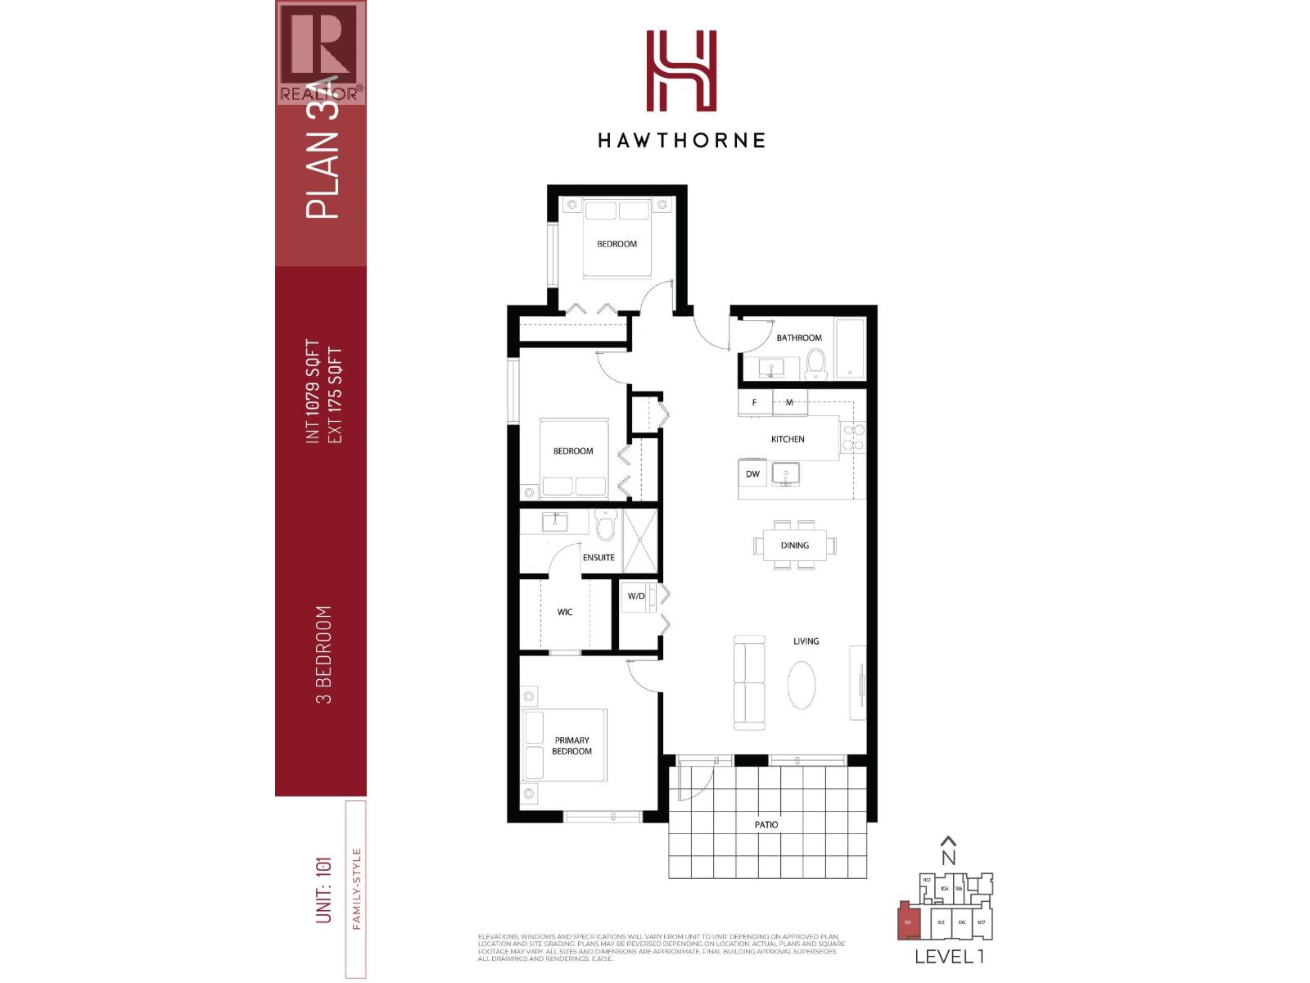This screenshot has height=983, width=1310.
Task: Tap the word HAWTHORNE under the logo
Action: click(681, 140)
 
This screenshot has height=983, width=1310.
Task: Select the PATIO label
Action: click(766, 825)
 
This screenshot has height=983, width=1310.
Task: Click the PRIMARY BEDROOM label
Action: click(571, 745)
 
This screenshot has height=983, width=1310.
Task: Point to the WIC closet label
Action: click(565, 612)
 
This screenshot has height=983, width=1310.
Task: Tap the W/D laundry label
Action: click(636, 596)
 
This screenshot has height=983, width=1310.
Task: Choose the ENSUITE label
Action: click(599, 557)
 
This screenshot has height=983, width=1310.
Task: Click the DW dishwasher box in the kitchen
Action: click(752, 473)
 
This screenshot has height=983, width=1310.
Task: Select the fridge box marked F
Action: click(754, 402)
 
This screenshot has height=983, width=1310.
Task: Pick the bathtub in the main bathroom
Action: click(850, 349)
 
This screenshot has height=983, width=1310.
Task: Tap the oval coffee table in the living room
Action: click(802, 685)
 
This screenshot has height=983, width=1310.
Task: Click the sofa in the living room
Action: click(749, 682)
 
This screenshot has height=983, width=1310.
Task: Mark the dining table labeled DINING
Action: click(795, 545)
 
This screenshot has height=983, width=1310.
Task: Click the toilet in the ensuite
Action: click(605, 526)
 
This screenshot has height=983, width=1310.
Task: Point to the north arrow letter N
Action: click(948, 857)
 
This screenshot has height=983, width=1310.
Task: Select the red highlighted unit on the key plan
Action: click(908, 922)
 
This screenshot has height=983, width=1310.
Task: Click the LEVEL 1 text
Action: click(949, 956)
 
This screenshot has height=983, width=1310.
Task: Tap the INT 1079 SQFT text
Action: click(312, 392)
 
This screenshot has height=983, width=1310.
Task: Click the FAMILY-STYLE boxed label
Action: click(355, 889)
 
